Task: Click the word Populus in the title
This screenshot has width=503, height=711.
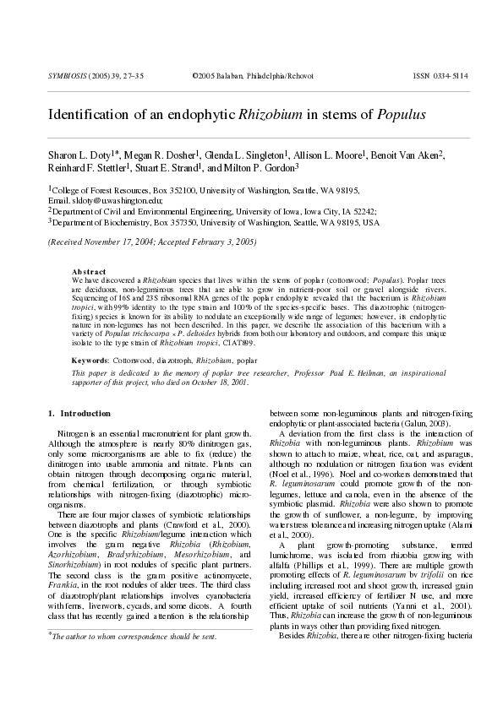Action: point(402,113)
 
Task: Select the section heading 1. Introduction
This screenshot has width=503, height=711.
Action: point(79,414)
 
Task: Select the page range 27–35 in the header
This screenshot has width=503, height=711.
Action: point(131,76)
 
